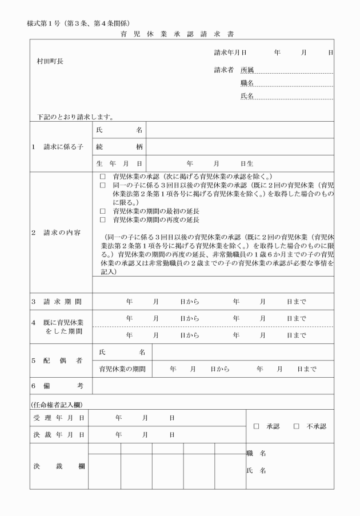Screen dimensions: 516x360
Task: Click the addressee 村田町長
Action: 50,61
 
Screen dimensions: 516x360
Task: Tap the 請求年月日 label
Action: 230,52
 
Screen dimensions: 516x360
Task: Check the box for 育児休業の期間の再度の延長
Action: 103,219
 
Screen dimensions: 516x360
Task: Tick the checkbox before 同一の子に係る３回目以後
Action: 103,186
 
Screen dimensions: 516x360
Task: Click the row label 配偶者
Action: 57,361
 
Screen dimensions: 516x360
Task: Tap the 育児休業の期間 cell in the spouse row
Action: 122,369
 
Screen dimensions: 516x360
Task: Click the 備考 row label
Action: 57,386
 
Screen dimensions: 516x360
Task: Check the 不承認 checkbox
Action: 297,426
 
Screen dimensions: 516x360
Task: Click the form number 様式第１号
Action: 46,23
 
